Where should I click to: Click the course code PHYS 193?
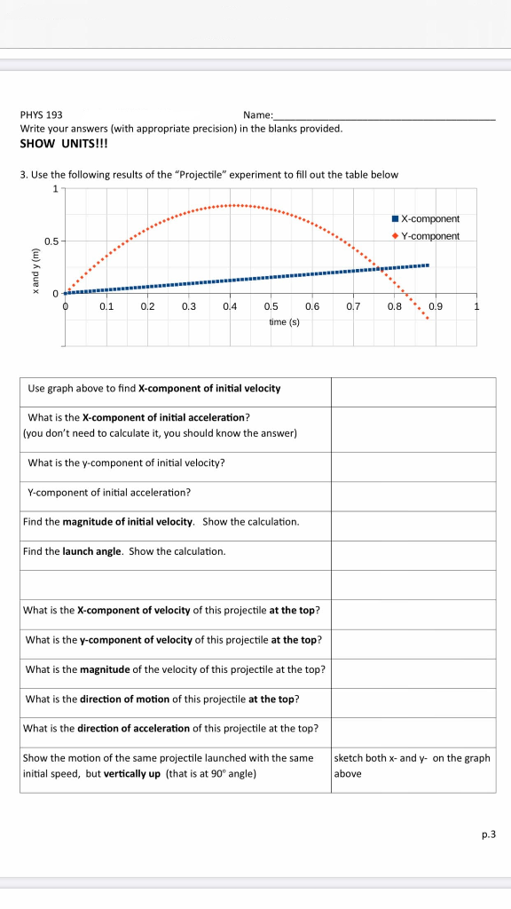pyautogui.click(x=41, y=115)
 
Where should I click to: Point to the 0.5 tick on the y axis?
pyautogui.click(x=52, y=241)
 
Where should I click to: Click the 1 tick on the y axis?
pyautogui.click(x=55, y=188)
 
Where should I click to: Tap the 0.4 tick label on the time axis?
pyautogui.click(x=230, y=306)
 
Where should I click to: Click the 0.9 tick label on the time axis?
pyautogui.click(x=435, y=306)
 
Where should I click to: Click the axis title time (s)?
pyautogui.click(x=284, y=321)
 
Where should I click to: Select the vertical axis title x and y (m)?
pyautogui.click(x=35, y=267)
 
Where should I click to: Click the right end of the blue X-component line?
pyautogui.click(x=428, y=265)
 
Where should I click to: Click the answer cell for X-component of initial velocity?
pyautogui.click(x=413, y=390)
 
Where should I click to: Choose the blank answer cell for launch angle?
pyautogui.click(x=413, y=552)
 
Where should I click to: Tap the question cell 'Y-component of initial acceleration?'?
pyautogui.click(x=110, y=492)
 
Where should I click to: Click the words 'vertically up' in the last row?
pyautogui.click(x=132, y=773)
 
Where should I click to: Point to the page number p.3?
pyautogui.click(x=486, y=834)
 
